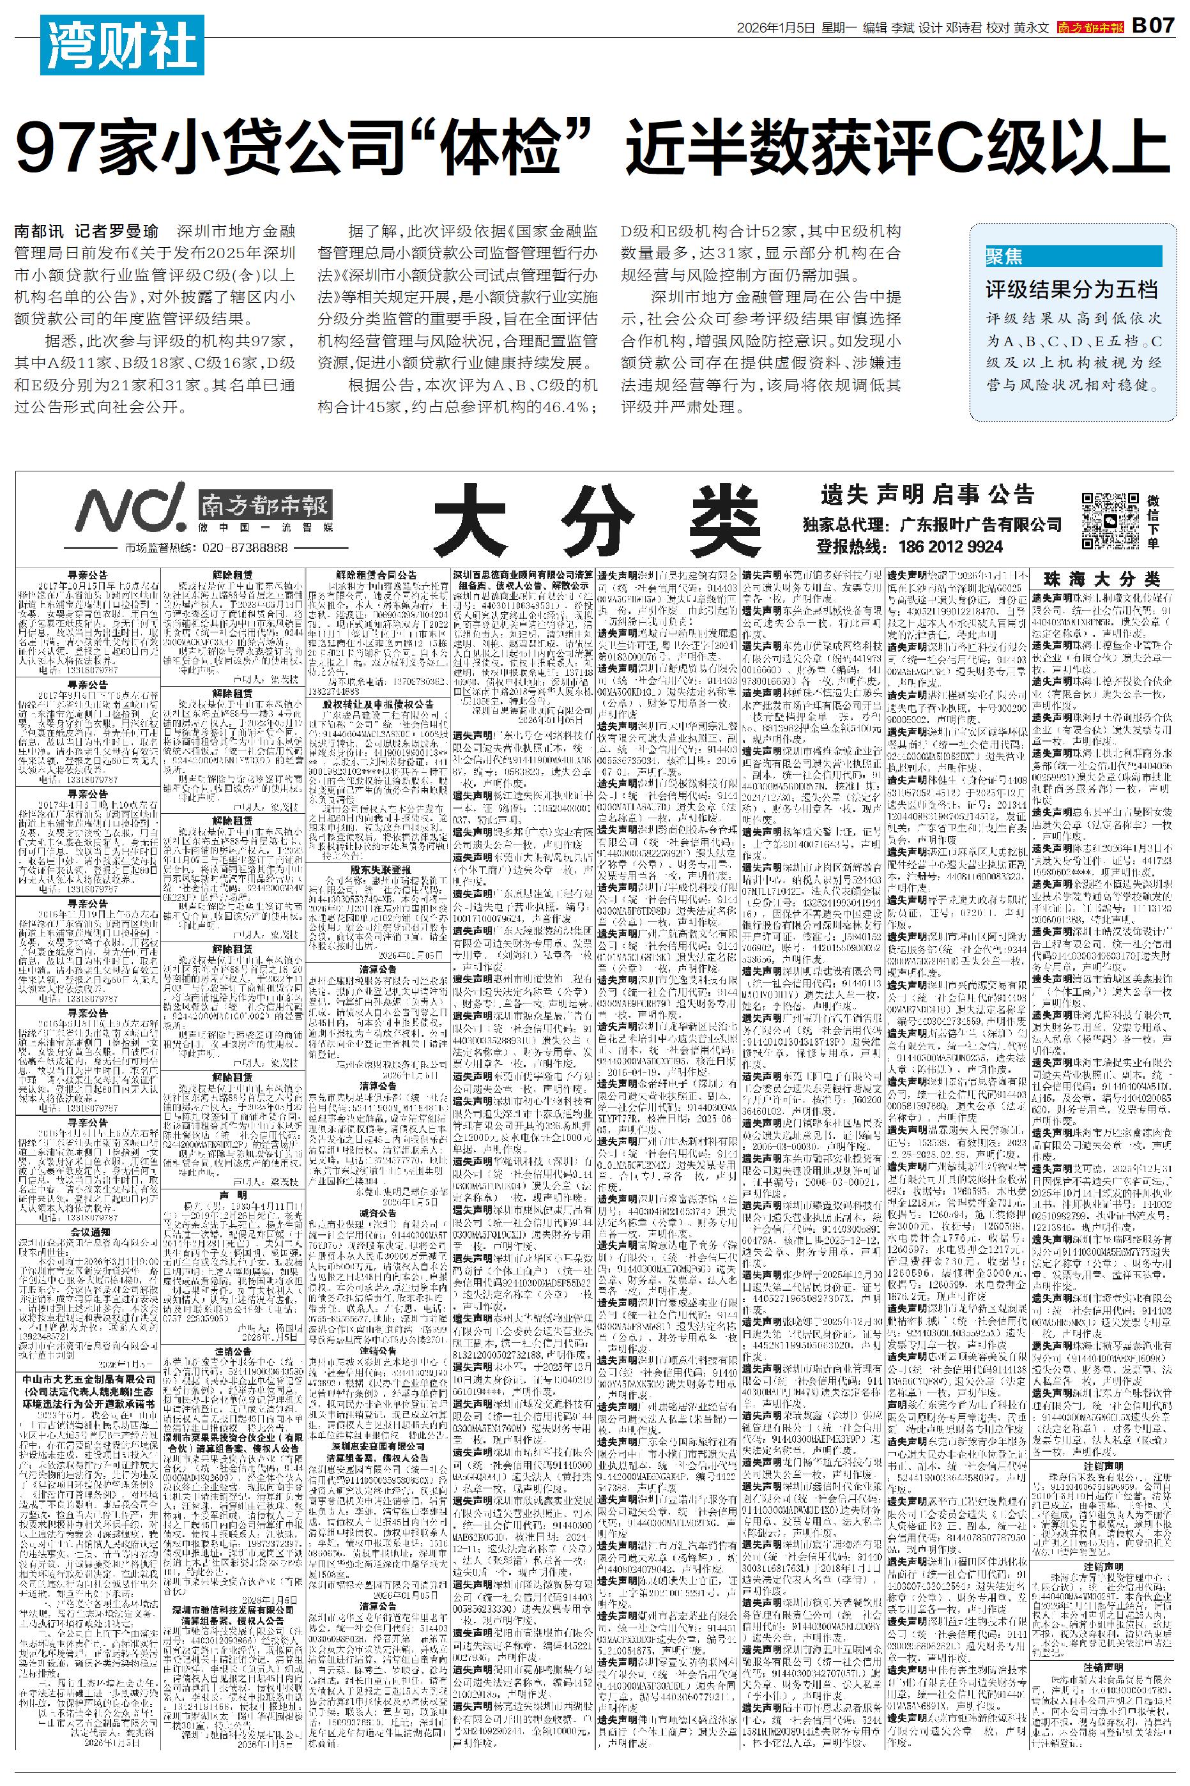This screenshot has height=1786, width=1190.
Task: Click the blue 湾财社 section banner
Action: coord(121,45)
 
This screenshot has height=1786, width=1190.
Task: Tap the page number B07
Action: coord(1153,27)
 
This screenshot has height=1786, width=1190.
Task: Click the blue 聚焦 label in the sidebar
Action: coord(1004,256)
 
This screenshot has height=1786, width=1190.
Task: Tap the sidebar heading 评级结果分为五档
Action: coord(1071,289)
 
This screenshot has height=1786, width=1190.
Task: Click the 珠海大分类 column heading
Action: coord(1102,579)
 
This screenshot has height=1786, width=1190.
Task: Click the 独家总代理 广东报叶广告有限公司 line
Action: coord(932,524)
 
